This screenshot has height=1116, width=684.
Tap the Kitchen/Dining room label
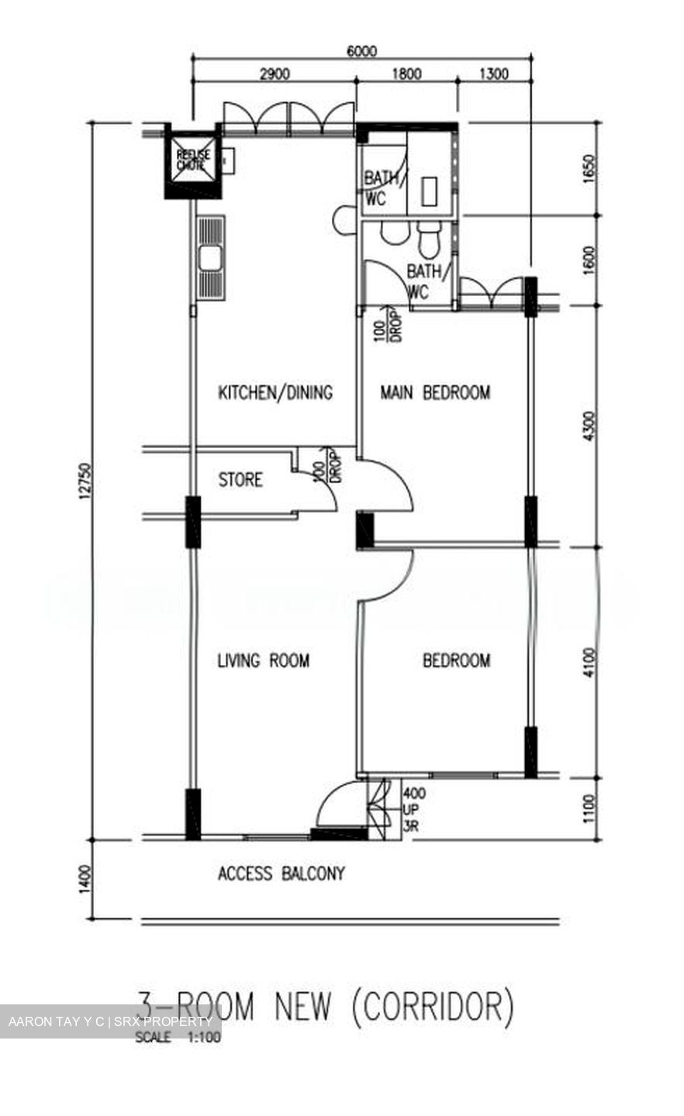click(x=275, y=392)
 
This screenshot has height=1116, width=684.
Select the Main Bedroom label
click(x=434, y=392)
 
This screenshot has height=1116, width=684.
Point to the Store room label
click(x=240, y=480)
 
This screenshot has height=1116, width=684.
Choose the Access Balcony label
click(x=281, y=873)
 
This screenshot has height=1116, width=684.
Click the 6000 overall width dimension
click(x=361, y=52)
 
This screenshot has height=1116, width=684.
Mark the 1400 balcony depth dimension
click(x=84, y=880)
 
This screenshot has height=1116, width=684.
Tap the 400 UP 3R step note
click(x=414, y=809)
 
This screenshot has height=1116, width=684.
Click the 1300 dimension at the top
click(x=494, y=74)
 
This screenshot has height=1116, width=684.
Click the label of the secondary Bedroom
click(x=456, y=660)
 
